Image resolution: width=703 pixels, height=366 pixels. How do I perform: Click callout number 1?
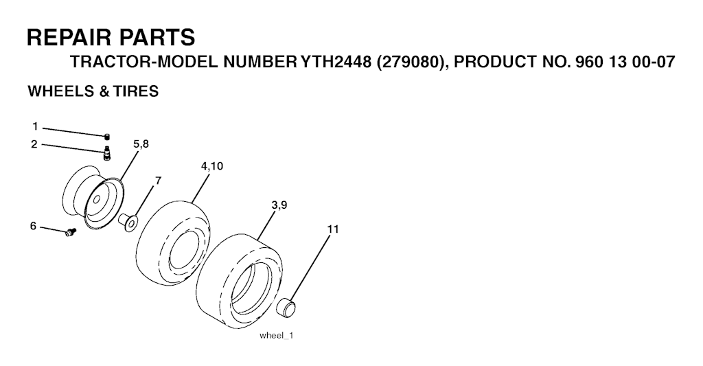coord(35,127)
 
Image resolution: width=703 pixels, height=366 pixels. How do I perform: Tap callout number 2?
coord(34,144)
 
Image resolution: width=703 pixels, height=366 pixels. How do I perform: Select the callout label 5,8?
coord(141,144)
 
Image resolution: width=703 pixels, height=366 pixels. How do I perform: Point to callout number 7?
coord(158,181)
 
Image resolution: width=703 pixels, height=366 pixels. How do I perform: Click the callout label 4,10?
coord(212,166)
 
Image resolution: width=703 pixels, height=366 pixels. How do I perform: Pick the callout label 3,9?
coord(279,205)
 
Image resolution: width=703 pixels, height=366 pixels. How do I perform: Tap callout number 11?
coord(333,229)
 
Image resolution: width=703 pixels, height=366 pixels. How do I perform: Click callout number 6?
coord(33,226)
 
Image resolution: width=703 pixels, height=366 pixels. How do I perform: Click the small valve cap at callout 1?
coord(106,137)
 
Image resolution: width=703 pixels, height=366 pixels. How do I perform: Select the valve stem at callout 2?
coord(107,152)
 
